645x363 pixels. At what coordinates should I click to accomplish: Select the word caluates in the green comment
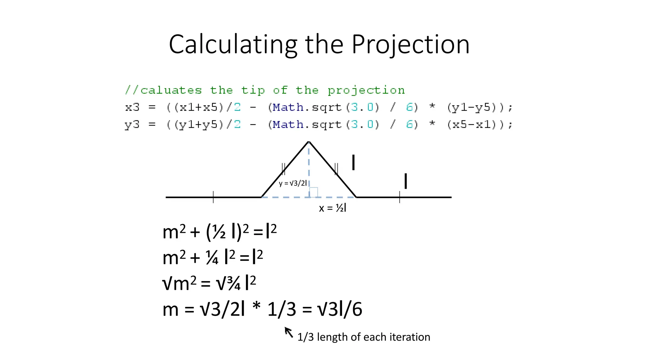point(171,90)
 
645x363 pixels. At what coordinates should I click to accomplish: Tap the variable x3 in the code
point(132,107)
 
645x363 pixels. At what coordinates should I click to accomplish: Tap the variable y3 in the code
point(132,125)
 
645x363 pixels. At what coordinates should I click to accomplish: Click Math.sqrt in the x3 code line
point(307,107)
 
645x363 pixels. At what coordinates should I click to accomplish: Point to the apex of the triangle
point(309,142)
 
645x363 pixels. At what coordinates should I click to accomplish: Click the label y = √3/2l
point(293,183)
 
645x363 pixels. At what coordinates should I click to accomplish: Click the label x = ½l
point(333,208)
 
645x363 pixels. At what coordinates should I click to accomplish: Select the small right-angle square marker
point(314,192)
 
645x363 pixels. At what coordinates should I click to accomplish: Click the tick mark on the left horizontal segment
point(213,197)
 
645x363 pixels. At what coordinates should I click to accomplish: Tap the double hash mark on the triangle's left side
point(283,169)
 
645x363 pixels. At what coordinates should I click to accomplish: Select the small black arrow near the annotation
point(288,332)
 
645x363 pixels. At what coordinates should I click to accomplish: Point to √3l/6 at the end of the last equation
point(340,309)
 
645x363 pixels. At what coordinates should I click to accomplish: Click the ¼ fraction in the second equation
point(212,258)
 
